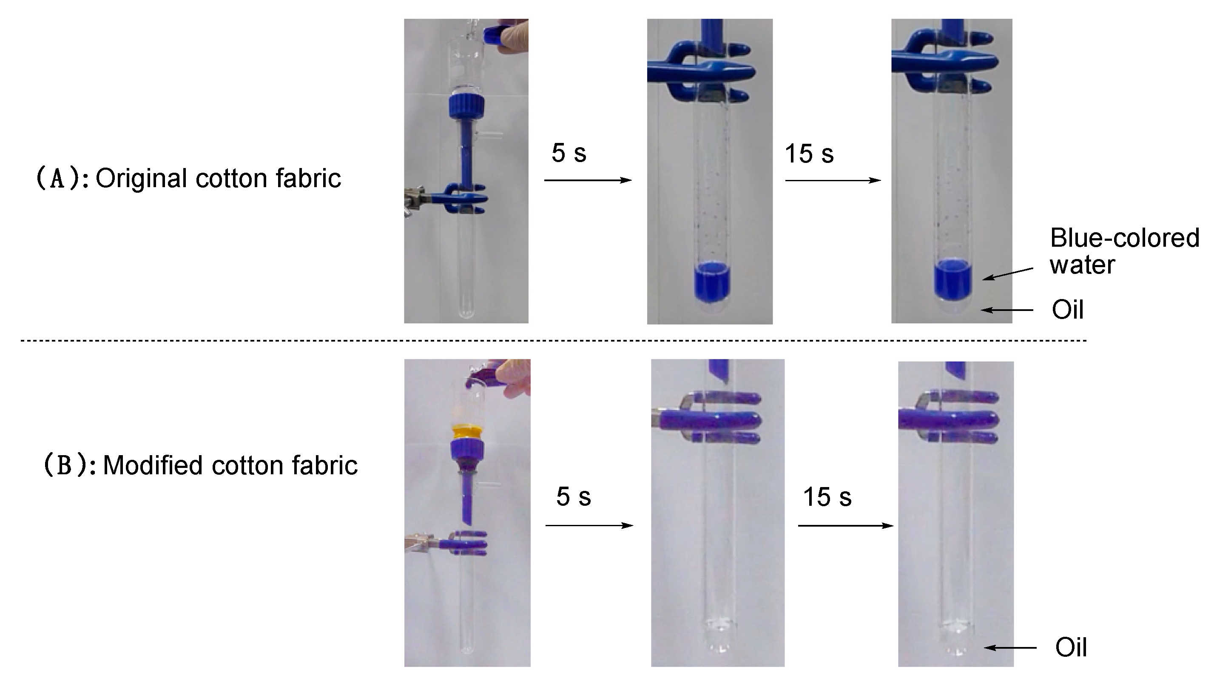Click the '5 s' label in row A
(x=569, y=153)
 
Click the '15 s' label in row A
(x=809, y=154)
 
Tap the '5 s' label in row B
(x=573, y=496)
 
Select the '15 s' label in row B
(x=827, y=497)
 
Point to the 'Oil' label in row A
(x=1067, y=310)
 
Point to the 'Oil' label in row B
(x=1071, y=647)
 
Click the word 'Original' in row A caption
(x=141, y=179)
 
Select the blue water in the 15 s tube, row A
(x=953, y=280)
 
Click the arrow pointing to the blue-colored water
(x=1008, y=274)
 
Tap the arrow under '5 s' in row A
(x=587, y=180)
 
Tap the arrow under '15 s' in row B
(x=845, y=526)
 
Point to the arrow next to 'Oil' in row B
(x=1009, y=648)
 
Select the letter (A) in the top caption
(x=57, y=179)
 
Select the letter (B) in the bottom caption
(x=64, y=465)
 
